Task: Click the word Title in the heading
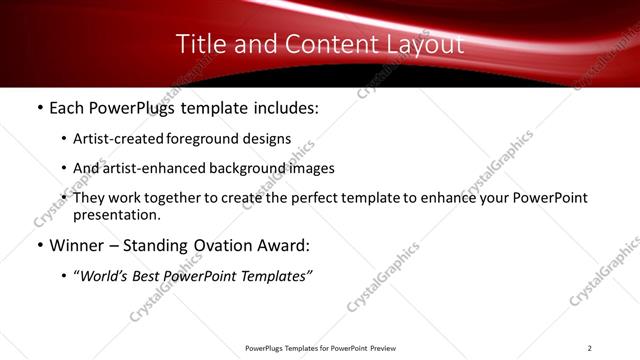pyautogui.click(x=199, y=44)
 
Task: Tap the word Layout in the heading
pyautogui.click(x=423, y=44)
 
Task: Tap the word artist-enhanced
pyautogui.click(x=148, y=168)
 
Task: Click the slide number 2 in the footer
pyautogui.click(x=590, y=347)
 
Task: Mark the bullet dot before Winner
pyautogui.click(x=40, y=246)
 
